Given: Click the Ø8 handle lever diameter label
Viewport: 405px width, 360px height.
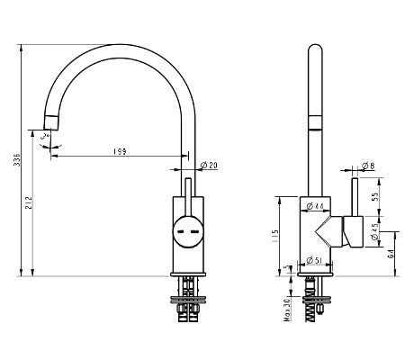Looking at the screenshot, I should tap(369, 166).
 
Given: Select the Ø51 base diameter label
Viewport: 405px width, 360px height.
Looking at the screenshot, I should tap(316, 261).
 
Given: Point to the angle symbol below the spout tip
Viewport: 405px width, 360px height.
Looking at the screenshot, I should tap(49, 139).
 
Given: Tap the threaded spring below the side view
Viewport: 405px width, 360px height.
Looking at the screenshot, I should tap(312, 306).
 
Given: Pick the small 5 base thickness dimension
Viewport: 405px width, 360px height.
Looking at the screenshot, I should tap(287, 268).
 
